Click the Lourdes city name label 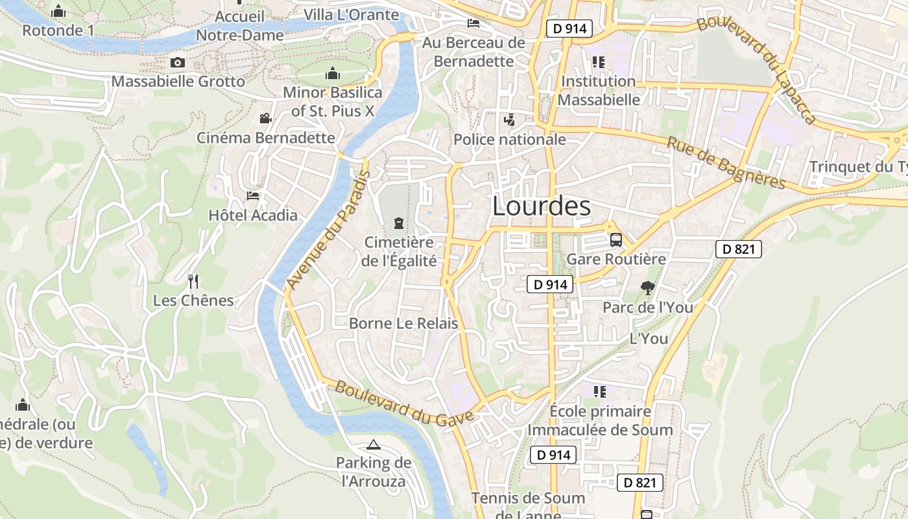[542, 206]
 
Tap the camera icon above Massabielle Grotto [178, 62]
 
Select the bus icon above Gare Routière [616, 240]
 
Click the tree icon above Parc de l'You [647, 288]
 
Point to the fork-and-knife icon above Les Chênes [193, 282]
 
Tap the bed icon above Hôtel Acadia [253, 196]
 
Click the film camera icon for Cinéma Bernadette [265, 118]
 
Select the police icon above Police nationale [509, 120]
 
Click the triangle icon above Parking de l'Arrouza [373, 444]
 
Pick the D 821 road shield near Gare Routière [739, 249]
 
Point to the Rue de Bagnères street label [726, 163]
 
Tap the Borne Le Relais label [403, 323]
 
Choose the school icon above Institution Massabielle [598, 62]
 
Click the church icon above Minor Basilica [333, 73]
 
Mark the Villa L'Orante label [351, 14]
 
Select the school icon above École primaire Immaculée [599, 391]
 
